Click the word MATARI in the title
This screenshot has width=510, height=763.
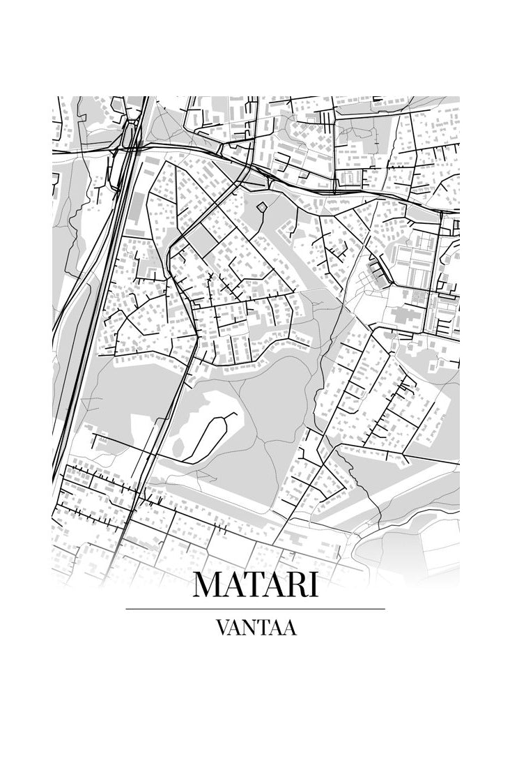point(255,584)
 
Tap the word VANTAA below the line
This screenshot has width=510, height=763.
point(256,628)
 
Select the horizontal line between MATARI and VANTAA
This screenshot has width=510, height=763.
point(255,609)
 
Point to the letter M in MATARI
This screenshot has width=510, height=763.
point(208,584)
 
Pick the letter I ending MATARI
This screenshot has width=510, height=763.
point(313,584)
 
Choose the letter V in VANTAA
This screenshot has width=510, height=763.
point(222,628)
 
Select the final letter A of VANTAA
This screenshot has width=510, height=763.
point(290,628)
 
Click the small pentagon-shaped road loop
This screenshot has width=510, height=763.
point(261,206)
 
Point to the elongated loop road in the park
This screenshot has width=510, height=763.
point(211,435)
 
